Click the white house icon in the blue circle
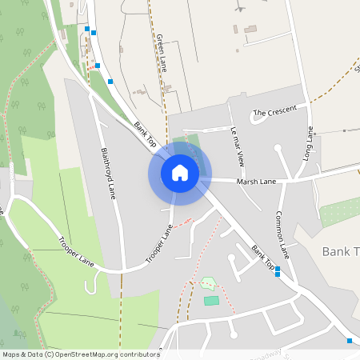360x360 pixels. point(179,173)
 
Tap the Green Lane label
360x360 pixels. point(162,53)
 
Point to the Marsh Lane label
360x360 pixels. point(256,182)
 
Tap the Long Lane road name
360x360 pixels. point(309,142)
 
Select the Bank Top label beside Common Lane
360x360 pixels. point(263,256)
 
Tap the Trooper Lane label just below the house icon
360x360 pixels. point(160,244)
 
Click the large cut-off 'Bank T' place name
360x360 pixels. point(340,251)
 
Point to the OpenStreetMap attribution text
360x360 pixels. point(80,354)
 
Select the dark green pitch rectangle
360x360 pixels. point(211,300)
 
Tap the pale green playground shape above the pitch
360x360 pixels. point(208,283)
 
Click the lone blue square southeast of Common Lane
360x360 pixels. point(349,341)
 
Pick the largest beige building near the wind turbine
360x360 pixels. point(250,30)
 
